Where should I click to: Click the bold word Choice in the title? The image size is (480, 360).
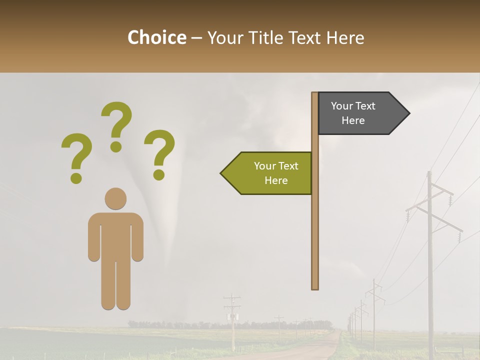coord(156,37)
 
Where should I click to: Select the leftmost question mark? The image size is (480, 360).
coord(76,157)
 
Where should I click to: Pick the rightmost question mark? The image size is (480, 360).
coord(159,153)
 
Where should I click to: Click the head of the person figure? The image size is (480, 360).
coord(115,198)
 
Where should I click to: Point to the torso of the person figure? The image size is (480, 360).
coord(115,235)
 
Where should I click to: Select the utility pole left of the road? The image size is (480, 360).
coord(232,320)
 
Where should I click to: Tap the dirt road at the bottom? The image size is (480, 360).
coord(320,347)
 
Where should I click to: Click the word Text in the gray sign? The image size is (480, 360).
coord(364,106)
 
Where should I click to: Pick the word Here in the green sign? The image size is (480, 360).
coord(276,180)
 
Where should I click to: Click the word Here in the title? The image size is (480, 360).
coord(345,37)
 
